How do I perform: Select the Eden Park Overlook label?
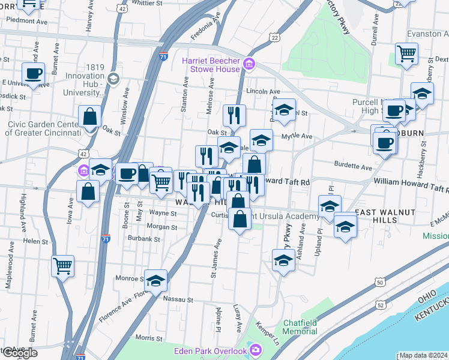210,350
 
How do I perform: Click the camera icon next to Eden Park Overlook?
256,349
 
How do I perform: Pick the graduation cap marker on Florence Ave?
155,280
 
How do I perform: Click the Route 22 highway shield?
274,37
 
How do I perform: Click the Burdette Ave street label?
353,166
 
